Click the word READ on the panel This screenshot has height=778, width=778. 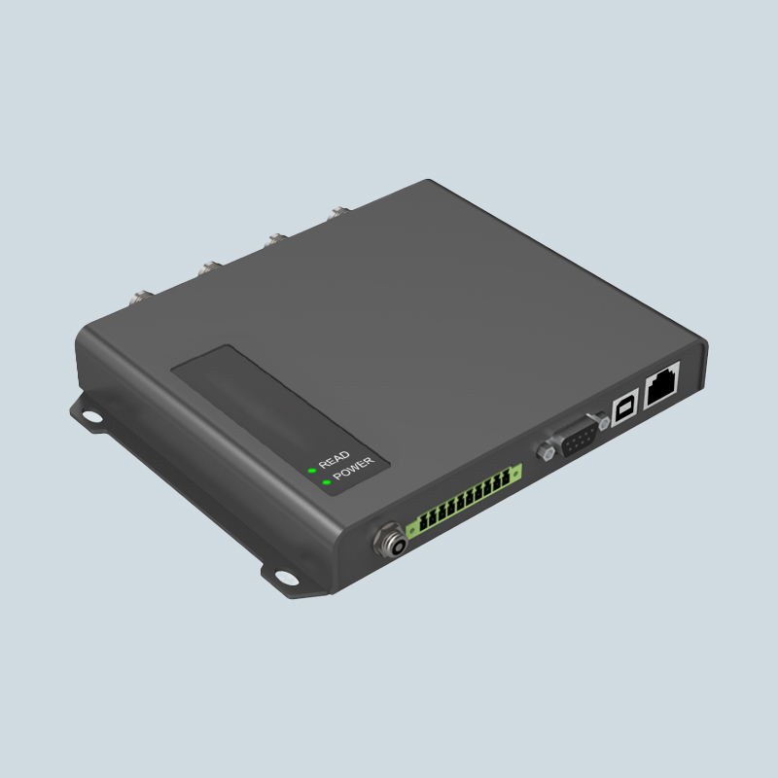click(334, 459)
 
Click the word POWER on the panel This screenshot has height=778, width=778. click(354, 469)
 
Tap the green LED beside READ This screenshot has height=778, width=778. click(312, 471)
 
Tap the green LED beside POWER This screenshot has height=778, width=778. click(327, 482)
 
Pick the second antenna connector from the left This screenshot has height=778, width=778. click(208, 269)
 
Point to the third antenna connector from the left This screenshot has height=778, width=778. click(274, 241)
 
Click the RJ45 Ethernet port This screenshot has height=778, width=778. click(661, 384)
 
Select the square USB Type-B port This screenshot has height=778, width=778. click(624, 410)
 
